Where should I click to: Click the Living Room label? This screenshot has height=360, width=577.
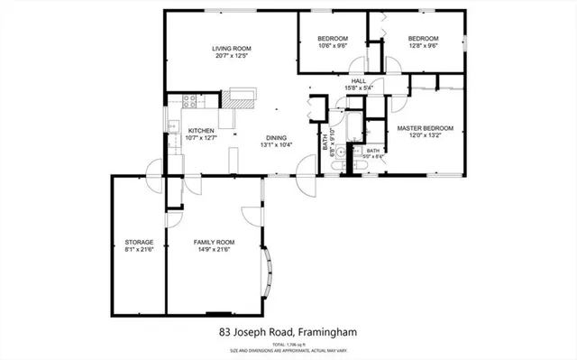(x=231, y=48)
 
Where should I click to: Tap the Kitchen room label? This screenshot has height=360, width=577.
(x=200, y=131)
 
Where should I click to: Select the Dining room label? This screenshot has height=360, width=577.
(x=275, y=137)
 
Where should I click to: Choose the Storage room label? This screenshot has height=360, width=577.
(x=139, y=243)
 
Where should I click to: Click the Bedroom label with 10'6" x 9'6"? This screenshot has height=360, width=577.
(x=333, y=38)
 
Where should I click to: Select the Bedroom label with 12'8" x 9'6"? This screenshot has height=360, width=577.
(x=422, y=38)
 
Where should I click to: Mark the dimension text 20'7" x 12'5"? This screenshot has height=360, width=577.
(x=231, y=56)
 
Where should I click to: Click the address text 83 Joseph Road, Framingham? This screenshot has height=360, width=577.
(x=288, y=332)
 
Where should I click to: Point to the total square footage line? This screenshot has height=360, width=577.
(x=288, y=344)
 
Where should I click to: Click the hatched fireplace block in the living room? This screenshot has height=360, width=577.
(x=243, y=92)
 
